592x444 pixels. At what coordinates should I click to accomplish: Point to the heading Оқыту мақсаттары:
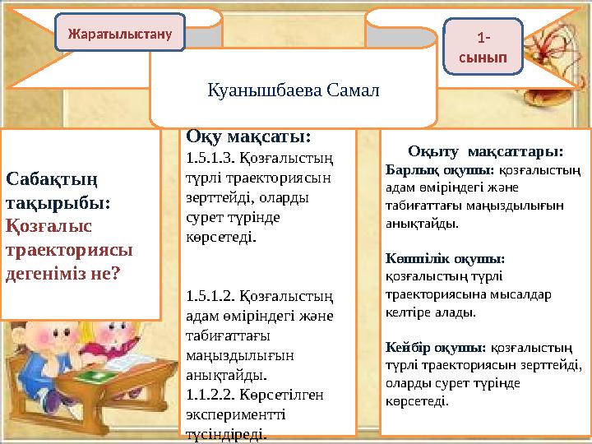click(x=485, y=151)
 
